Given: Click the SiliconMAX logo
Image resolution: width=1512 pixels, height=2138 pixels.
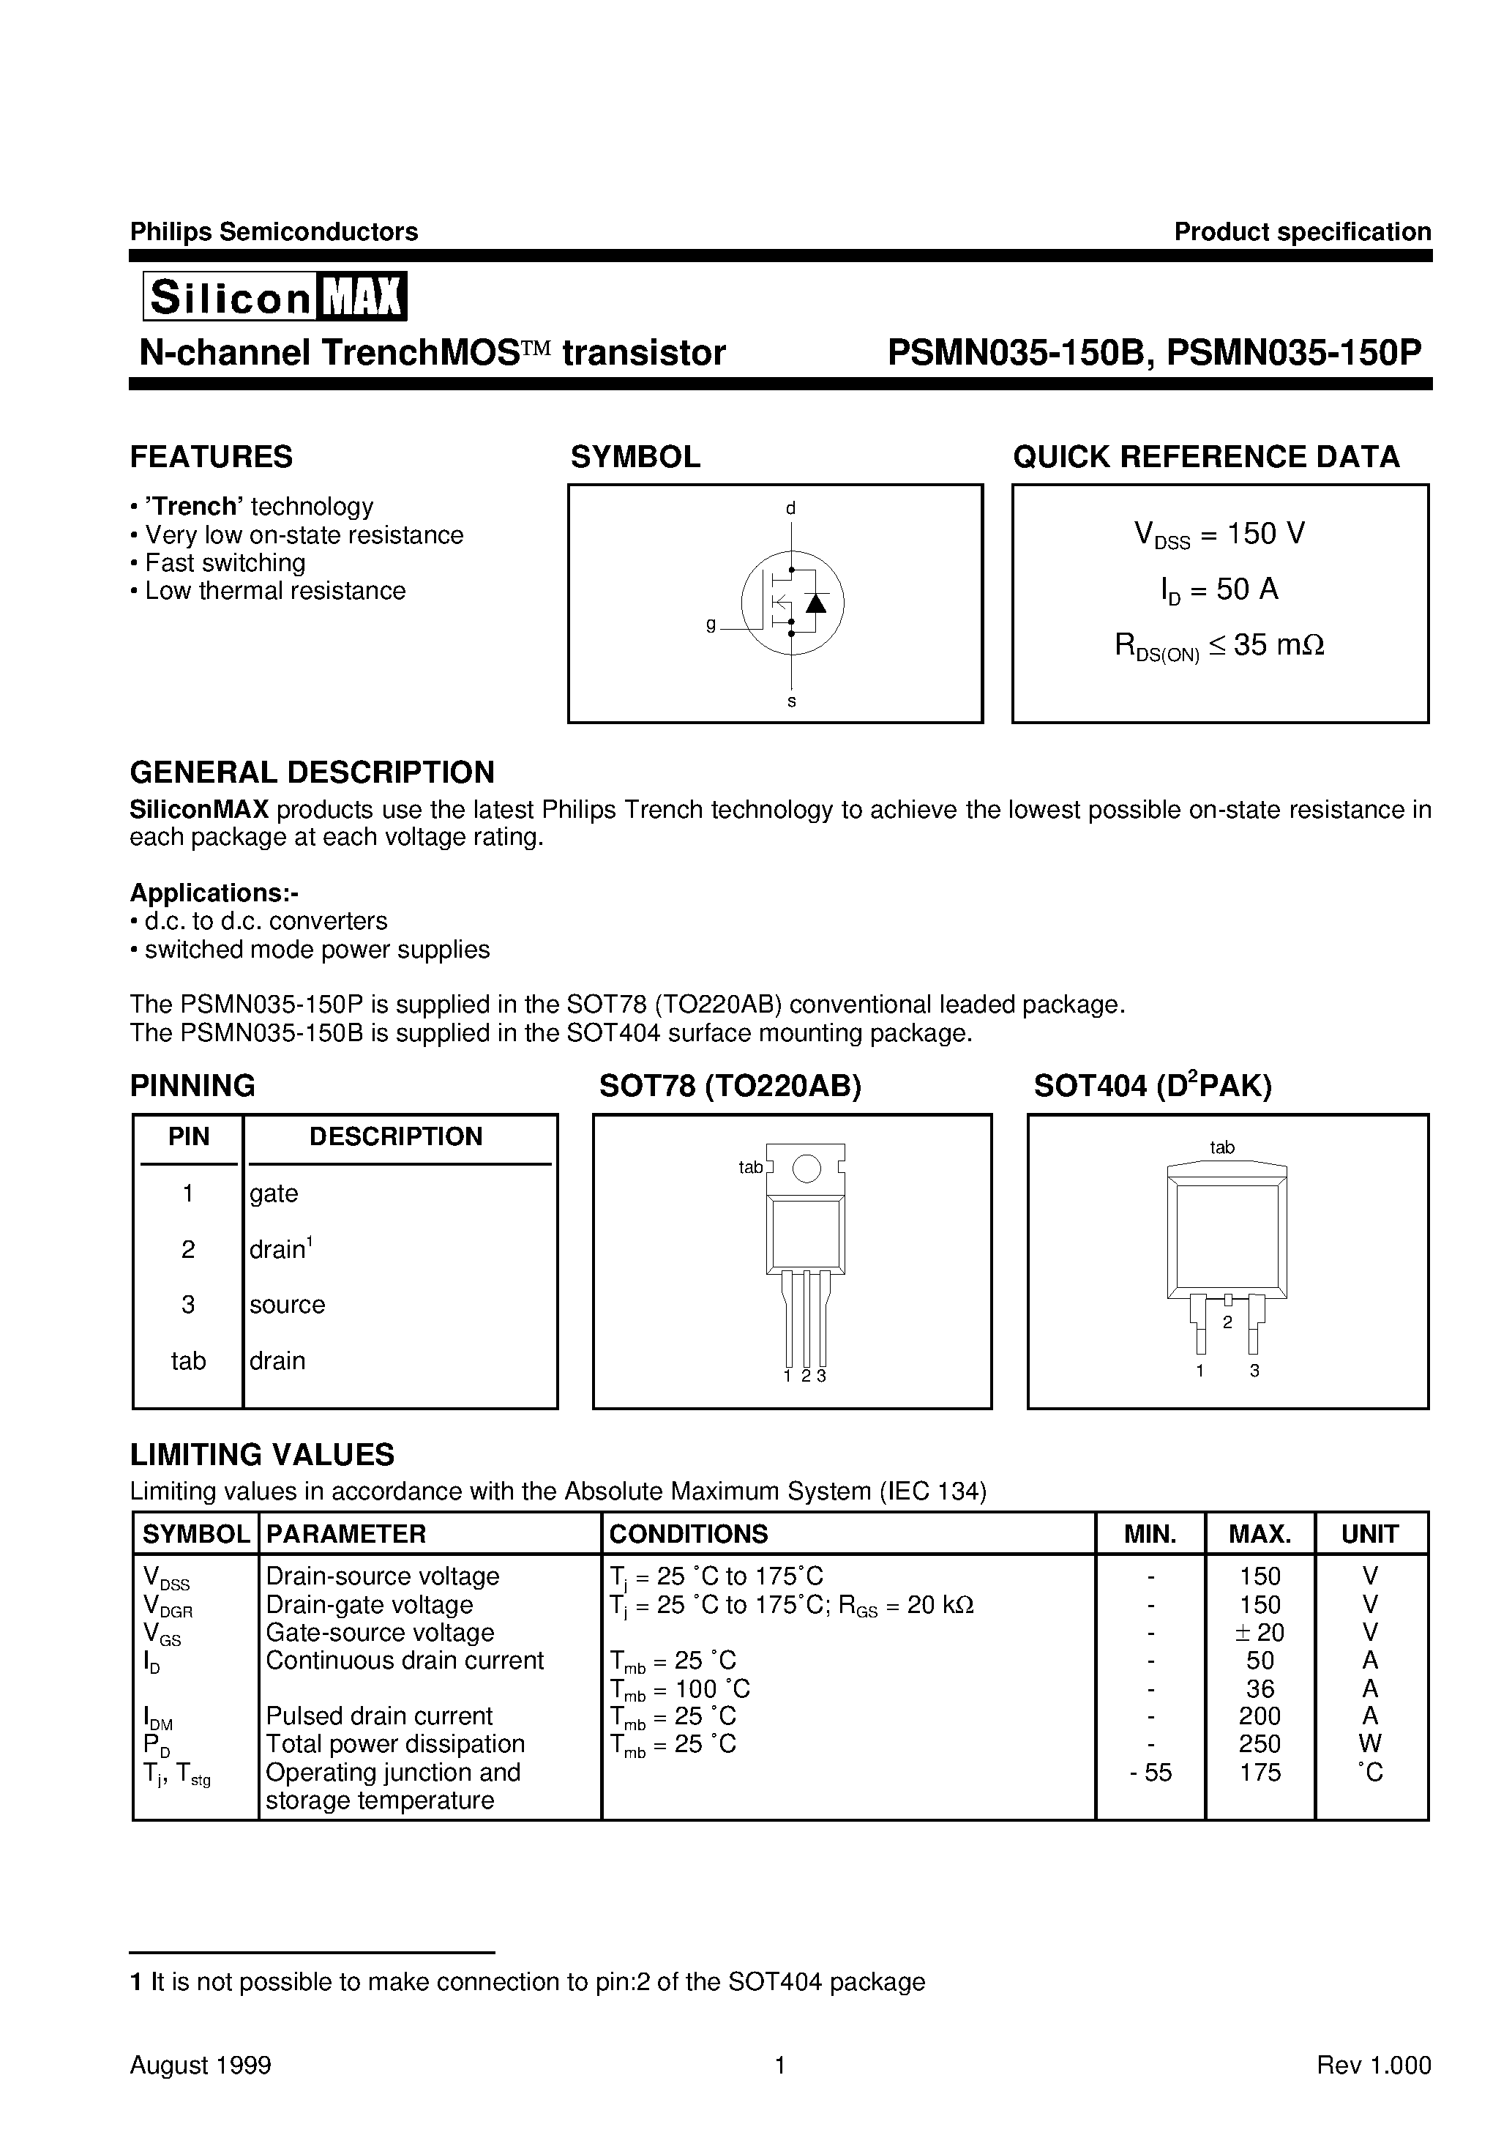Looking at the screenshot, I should point(274,297).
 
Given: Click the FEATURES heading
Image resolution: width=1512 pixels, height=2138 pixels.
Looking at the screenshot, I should point(212,457).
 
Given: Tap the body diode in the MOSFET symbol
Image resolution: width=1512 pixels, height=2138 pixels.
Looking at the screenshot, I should point(815,603).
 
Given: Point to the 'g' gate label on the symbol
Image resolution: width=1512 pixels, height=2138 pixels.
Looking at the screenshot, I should point(711,625).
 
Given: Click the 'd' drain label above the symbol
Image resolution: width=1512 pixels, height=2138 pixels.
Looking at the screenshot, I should point(790,508).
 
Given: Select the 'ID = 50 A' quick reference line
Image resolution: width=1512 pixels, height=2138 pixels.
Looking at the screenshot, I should point(1220,589).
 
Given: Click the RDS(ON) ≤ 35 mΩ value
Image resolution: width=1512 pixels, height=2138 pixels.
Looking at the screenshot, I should point(1220,645).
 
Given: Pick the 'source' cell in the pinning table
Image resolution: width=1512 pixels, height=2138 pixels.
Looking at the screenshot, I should point(287,1305).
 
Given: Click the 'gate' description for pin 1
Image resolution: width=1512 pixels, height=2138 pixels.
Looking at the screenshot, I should point(274,1193).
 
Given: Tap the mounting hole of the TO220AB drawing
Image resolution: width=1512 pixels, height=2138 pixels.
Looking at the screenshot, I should point(806,1169).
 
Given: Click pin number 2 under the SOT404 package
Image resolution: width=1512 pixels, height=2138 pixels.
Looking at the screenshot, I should point(1227,1322).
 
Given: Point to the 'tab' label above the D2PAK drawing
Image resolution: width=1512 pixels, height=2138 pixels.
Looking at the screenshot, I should point(1221,1148).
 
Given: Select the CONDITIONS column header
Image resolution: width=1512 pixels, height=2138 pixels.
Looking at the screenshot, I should point(688,1534).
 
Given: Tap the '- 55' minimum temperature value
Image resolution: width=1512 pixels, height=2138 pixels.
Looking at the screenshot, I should point(1150,1772).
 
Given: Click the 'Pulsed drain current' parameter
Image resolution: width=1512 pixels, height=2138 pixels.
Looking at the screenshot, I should point(379,1716).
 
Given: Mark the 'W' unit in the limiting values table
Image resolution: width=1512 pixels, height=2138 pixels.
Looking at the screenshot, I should point(1369,1744).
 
